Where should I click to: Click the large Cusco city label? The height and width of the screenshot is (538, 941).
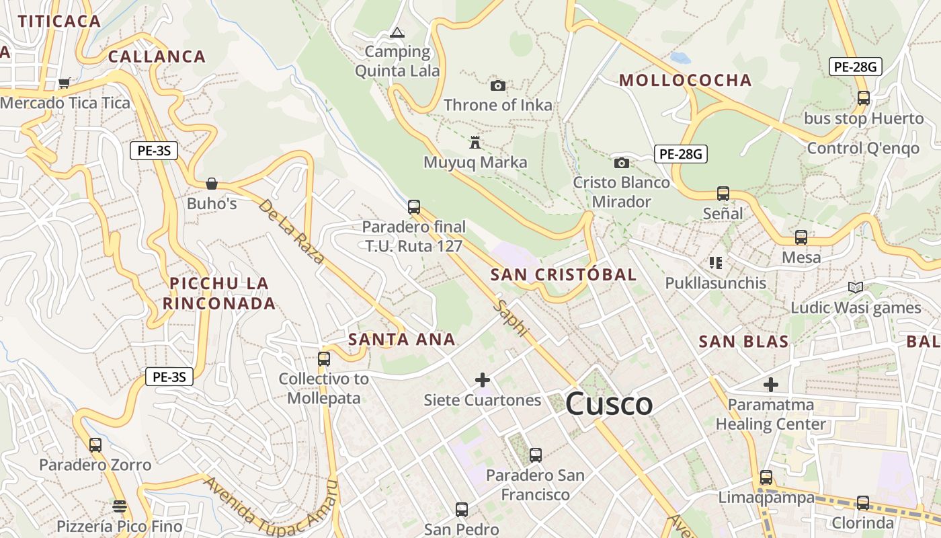[609, 404]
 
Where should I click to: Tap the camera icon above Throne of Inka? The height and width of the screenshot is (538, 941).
[497, 85]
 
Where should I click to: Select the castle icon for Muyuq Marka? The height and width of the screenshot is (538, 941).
[475, 143]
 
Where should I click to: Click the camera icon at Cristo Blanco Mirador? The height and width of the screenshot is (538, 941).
[621, 163]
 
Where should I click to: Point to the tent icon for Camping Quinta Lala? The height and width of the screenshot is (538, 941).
[397, 32]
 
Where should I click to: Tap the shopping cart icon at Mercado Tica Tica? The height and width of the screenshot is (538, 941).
[64, 83]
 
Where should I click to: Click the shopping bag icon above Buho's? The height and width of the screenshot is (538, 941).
[212, 184]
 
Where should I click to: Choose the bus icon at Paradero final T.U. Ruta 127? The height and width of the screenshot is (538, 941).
[414, 206]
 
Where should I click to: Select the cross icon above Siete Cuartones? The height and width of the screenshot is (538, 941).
[482, 380]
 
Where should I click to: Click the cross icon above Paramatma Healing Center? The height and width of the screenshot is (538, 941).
[770, 385]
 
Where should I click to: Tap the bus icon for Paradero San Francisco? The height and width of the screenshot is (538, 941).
[535, 455]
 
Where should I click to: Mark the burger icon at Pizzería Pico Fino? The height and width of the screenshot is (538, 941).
[120, 506]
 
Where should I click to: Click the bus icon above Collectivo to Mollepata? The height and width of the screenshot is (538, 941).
[324, 358]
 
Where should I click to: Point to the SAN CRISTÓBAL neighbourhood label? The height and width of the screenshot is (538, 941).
[563, 274]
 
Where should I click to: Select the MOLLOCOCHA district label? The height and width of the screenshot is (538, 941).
[685, 81]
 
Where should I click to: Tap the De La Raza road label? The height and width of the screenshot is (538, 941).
[291, 231]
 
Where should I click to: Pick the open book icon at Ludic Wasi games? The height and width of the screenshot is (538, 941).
[855, 288]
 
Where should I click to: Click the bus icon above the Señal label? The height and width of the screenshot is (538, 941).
[723, 194]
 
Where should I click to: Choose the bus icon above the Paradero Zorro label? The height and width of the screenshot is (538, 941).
[95, 445]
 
